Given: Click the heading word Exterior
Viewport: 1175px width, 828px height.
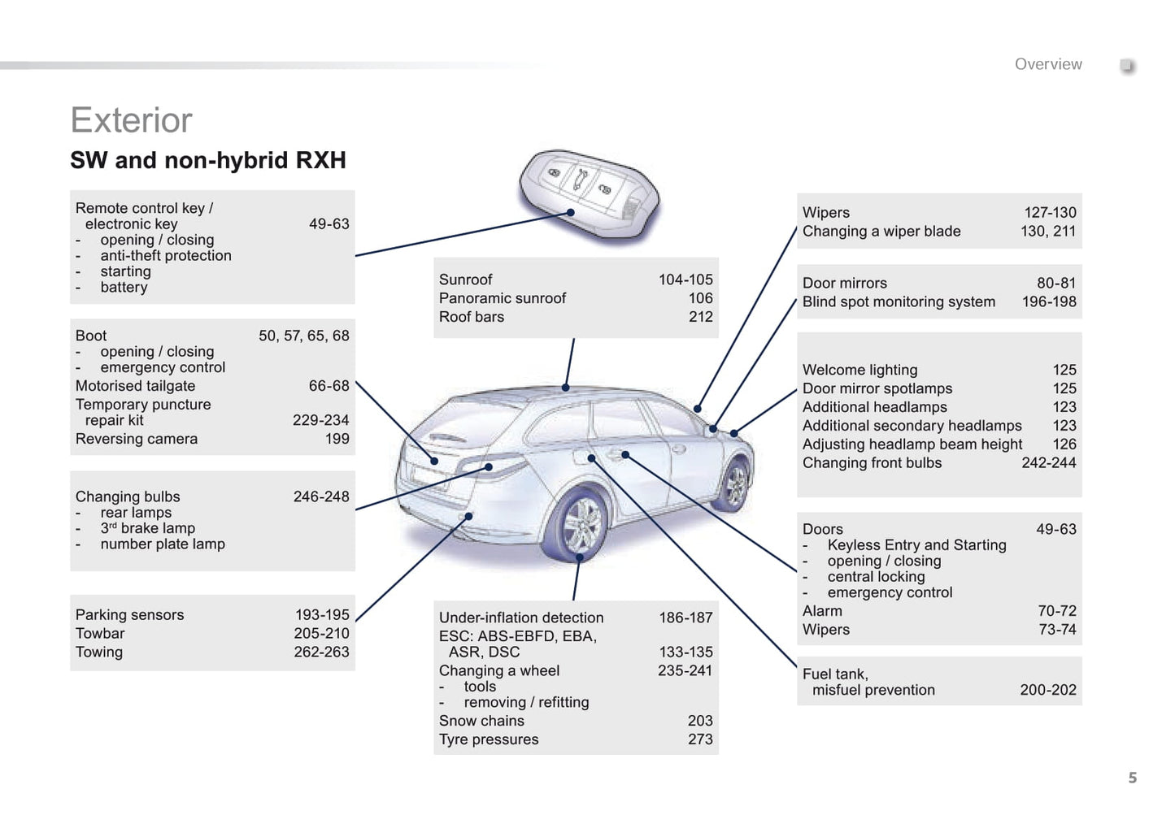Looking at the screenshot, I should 131,120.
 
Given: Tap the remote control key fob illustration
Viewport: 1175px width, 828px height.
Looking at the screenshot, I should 588,194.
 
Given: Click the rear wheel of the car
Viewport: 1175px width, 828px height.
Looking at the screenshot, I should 580,522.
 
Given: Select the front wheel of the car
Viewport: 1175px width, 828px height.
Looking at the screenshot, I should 735,484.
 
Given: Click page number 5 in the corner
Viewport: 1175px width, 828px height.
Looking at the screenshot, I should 1132,778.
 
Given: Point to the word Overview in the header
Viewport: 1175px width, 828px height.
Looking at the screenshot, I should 1047,64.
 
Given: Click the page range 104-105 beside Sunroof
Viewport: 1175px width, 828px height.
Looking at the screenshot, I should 685,280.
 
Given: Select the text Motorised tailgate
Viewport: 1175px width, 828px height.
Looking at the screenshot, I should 135,386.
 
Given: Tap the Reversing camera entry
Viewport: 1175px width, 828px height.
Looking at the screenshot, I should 137,439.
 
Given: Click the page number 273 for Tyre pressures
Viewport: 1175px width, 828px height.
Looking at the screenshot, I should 699,739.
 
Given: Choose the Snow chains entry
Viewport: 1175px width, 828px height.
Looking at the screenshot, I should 481,721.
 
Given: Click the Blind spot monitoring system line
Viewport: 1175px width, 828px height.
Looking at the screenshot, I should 899,301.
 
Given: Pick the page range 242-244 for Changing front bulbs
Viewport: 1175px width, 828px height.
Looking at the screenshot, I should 1048,462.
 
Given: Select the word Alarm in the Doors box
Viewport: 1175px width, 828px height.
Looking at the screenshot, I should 822,611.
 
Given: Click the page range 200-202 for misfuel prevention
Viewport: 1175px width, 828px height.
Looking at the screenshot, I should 1047,690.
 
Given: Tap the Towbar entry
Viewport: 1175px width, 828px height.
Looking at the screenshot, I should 100,633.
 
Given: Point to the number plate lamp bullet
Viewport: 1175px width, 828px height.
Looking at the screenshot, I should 162,544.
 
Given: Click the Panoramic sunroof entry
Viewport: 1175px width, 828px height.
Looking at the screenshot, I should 503,298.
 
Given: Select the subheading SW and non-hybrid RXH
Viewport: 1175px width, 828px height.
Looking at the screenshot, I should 208,160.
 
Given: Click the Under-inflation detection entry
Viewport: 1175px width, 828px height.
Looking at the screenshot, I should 521,618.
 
